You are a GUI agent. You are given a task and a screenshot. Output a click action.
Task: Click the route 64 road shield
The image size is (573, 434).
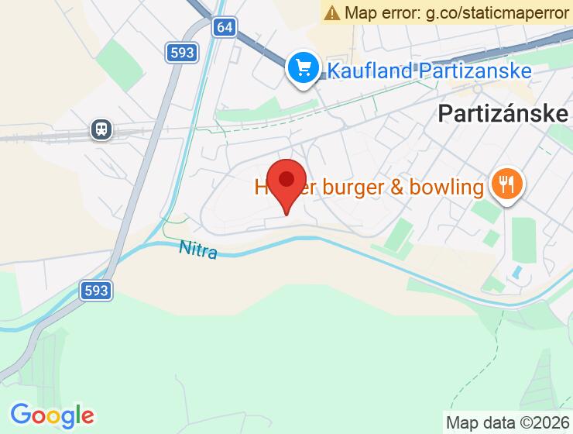(225, 27)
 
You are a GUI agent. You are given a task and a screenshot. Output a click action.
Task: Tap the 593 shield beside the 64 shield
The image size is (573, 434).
(180, 53)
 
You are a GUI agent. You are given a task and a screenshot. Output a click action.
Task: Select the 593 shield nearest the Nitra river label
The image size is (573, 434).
(96, 291)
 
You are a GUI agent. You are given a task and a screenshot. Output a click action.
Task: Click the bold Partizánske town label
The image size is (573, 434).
(503, 114)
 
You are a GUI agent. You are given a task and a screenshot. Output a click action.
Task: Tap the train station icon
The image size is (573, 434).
(101, 129)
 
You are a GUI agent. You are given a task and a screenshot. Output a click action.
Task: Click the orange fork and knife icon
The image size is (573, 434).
(507, 185)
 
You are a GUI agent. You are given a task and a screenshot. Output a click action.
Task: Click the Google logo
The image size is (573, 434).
(52, 415)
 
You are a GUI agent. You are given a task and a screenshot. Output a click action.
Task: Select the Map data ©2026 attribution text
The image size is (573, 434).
(507, 422)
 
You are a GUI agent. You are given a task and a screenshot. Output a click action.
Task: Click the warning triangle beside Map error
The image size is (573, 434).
(332, 12)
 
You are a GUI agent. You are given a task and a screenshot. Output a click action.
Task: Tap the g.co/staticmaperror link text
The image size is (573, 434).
(488, 12)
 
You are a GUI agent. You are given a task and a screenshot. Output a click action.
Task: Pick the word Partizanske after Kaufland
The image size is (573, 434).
(475, 71)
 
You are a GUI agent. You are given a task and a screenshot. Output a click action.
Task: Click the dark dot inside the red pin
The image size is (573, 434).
(287, 179)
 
